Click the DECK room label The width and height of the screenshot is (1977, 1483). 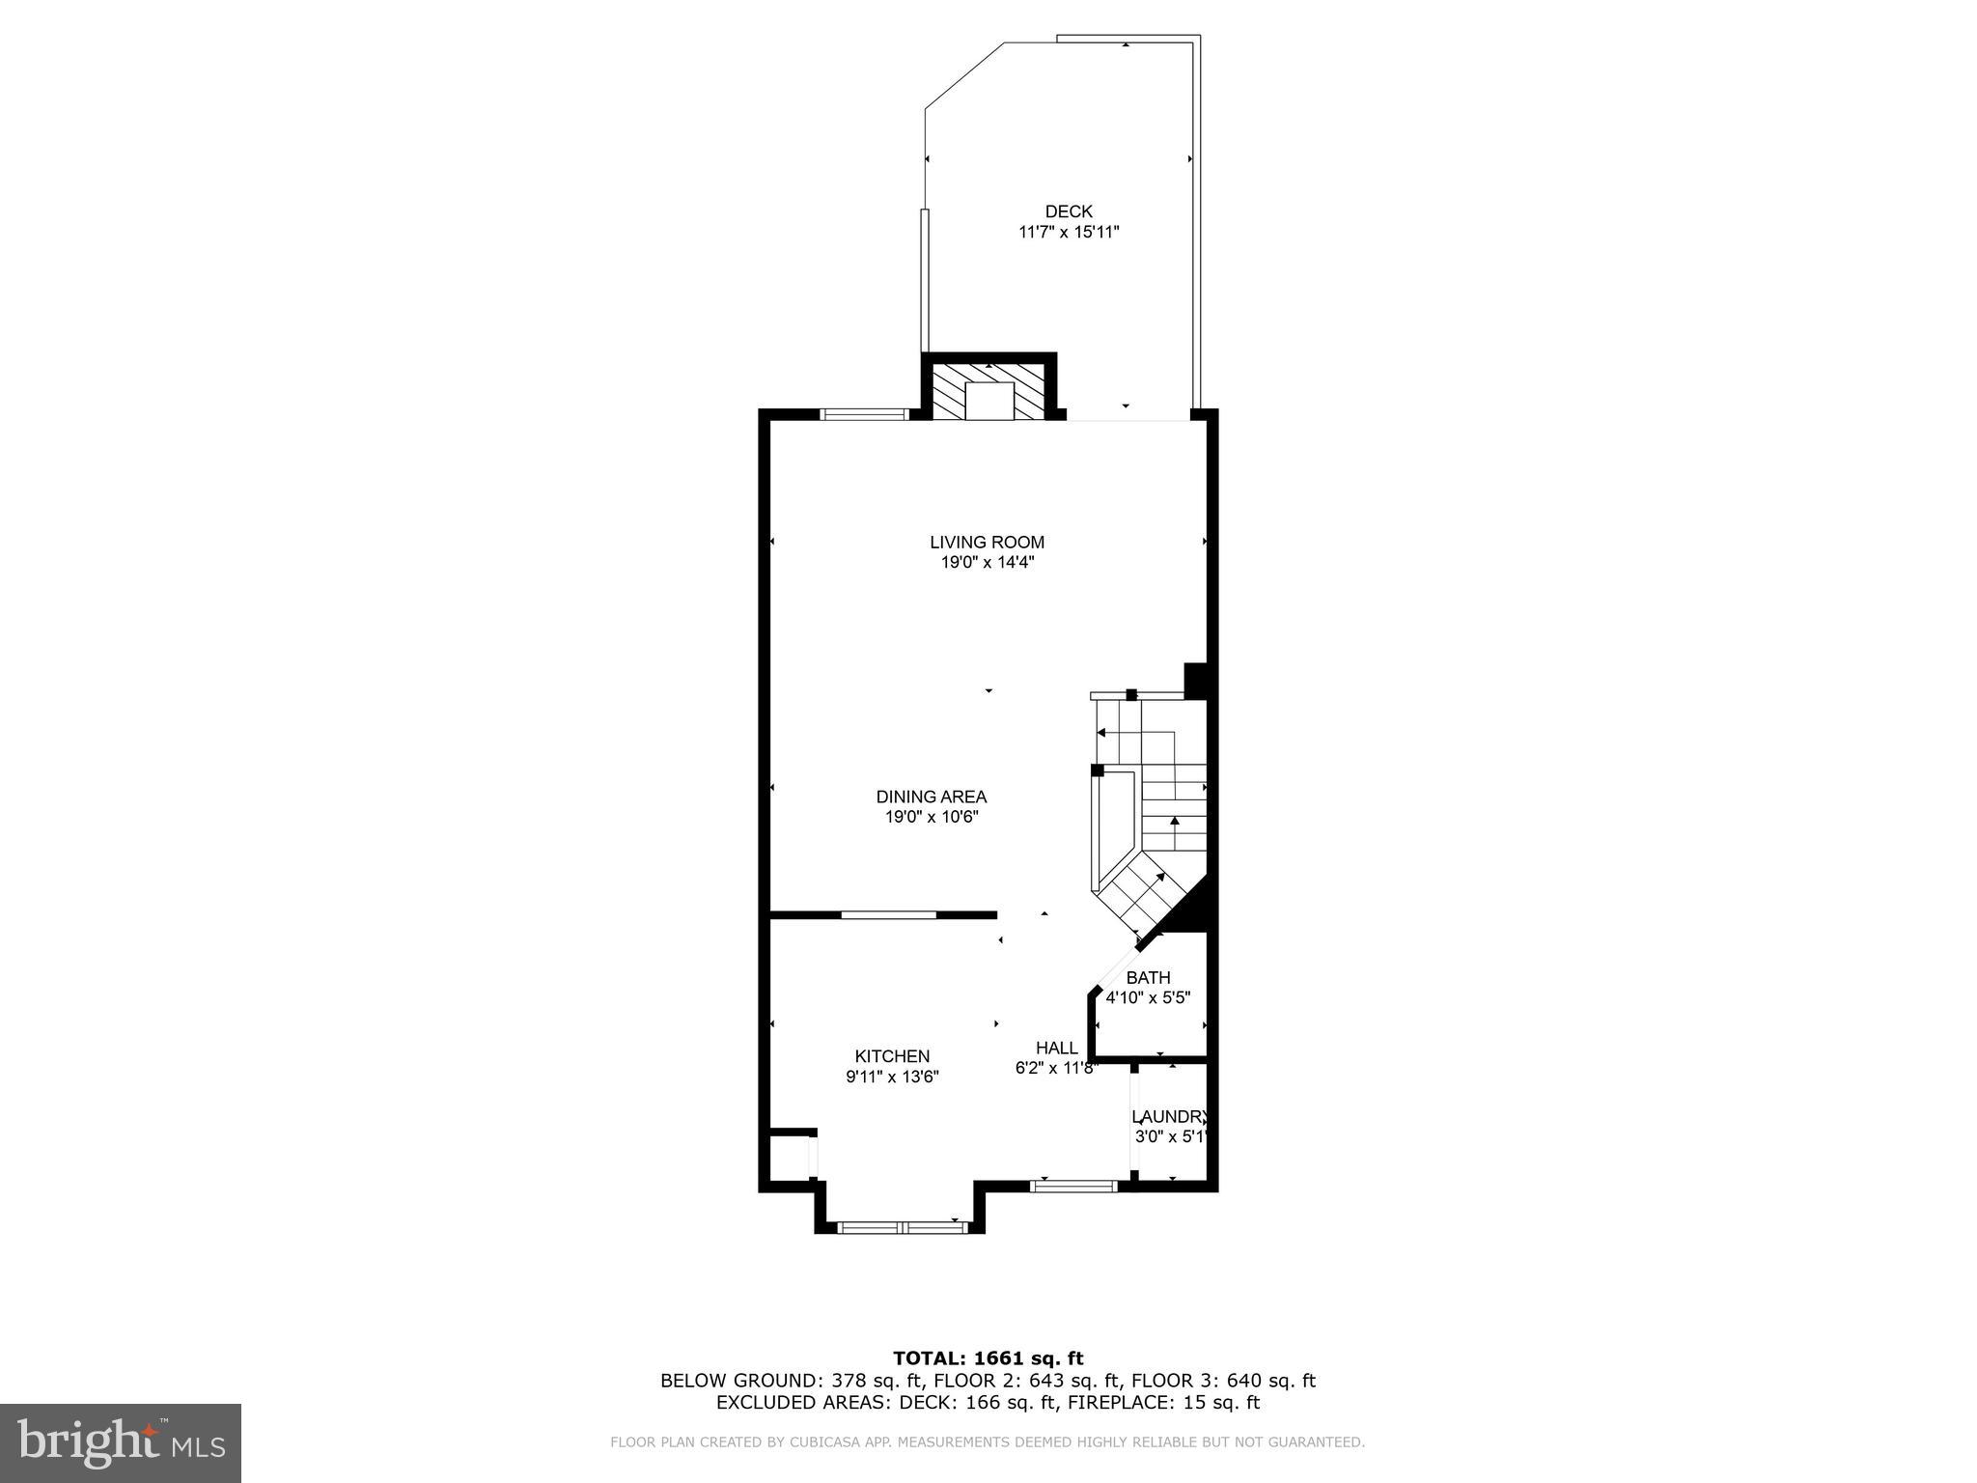1069,211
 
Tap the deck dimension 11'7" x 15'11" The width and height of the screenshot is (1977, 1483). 1069,233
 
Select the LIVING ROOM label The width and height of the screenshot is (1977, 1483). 987,543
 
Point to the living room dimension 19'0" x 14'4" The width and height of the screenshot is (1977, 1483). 987,563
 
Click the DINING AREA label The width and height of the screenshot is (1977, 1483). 931,797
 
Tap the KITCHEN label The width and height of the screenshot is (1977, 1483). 892,1056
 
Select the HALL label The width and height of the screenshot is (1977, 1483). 1056,1049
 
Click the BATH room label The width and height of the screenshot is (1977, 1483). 1148,978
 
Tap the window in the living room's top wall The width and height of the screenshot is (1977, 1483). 864,415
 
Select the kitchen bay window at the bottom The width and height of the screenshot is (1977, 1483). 902,1227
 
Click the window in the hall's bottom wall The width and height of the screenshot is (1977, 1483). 1073,1186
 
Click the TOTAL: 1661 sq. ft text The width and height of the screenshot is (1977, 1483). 988,1359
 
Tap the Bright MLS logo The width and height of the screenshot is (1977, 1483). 121,1442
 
